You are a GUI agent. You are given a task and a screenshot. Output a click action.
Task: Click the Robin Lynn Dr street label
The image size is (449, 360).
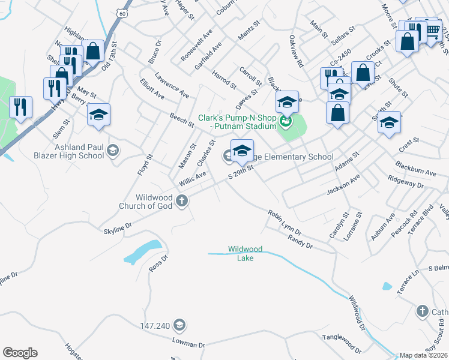285,222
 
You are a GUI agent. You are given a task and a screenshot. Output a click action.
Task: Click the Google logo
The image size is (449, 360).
20,353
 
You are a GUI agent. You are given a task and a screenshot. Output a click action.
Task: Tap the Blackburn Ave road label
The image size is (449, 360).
415,168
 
